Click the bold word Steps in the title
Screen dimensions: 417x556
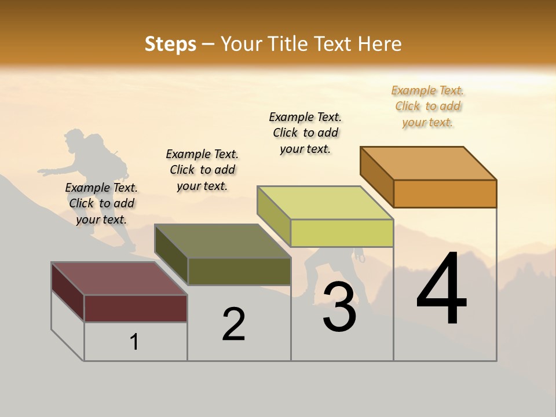tap(170, 44)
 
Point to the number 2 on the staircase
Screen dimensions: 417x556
tap(234, 324)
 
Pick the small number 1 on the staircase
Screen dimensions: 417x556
tap(134, 342)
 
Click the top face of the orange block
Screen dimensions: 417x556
tap(429, 163)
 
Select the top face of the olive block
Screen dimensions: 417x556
tap(222, 241)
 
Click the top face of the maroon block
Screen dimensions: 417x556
tap(119, 279)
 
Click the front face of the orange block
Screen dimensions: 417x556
tap(445, 193)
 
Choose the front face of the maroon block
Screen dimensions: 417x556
tap(136, 308)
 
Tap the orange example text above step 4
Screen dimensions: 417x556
tap(427, 106)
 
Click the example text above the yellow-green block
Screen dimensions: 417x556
tap(305, 133)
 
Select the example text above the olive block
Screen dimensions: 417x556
tap(202, 170)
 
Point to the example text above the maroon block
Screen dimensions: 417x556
tap(101, 203)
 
